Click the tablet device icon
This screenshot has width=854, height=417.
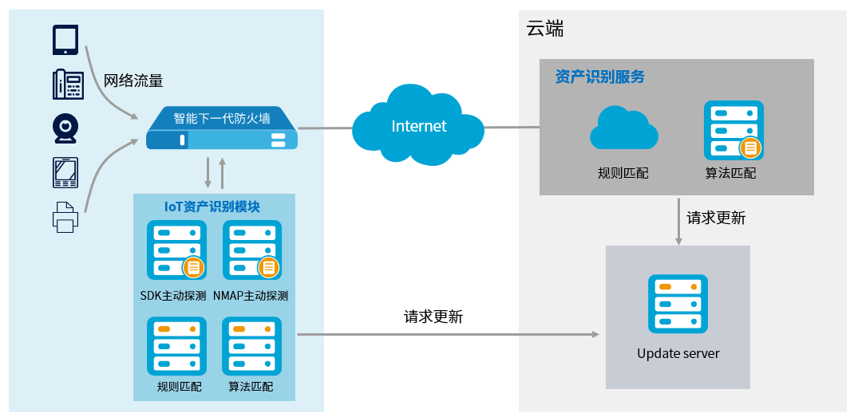[66, 39]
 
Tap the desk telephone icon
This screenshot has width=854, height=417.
[68, 85]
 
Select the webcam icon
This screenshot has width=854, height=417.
[66, 128]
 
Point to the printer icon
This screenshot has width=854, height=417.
[65, 216]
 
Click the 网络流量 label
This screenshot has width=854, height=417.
[133, 81]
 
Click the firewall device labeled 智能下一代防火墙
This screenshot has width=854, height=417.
[221, 129]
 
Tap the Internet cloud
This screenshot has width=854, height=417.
[418, 126]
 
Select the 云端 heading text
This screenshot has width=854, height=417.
[545, 30]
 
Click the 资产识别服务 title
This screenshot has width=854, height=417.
[599, 77]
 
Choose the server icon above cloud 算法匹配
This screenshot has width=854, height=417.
[733, 130]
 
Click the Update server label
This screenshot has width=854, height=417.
[678, 353]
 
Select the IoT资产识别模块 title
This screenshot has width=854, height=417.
[212, 206]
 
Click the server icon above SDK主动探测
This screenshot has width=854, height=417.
[176, 250]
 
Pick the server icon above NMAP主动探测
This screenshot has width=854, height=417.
[251, 250]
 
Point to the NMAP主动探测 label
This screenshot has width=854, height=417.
[250, 296]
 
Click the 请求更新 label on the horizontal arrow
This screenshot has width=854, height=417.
[433, 317]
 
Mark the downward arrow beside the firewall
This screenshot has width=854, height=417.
[208, 172]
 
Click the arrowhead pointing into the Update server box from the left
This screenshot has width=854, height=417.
[595, 335]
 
